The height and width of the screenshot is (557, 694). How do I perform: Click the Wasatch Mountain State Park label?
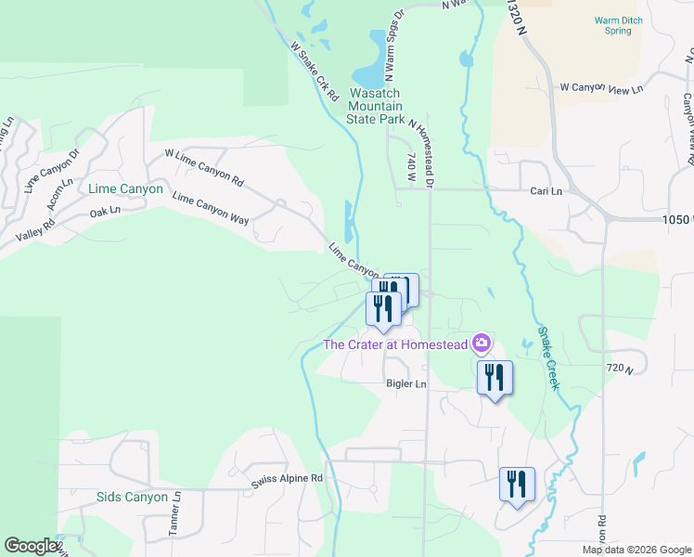pyautogui.click(x=376, y=107)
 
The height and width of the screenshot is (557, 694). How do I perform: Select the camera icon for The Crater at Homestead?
pyautogui.click(x=481, y=343)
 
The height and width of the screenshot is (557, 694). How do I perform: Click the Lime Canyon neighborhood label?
pyautogui.click(x=125, y=188)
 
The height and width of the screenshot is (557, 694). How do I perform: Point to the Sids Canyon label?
pyautogui.click(x=133, y=497)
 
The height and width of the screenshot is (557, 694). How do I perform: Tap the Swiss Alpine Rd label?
pyautogui.click(x=287, y=478)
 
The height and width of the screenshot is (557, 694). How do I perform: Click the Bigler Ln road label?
pyautogui.click(x=406, y=383)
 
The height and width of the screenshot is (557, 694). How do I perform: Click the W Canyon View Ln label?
pyautogui.click(x=601, y=89)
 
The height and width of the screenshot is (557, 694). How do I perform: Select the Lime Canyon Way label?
pyautogui.click(x=211, y=207)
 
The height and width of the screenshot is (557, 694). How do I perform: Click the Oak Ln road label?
pyautogui.click(x=105, y=212)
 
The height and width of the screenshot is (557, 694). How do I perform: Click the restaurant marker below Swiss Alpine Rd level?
pyautogui.click(x=516, y=484)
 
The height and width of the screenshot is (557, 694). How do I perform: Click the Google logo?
pyautogui.click(x=31, y=546)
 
